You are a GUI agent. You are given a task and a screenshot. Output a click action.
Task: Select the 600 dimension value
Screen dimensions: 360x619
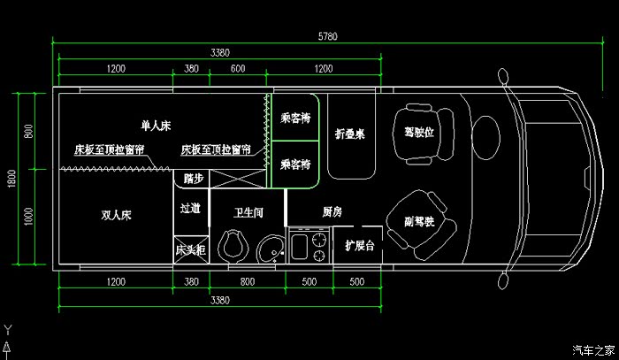[x=238, y=69]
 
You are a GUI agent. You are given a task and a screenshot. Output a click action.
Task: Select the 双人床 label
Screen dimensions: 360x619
[x=115, y=214]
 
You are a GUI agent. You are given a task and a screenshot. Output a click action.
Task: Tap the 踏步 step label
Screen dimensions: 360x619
[x=193, y=178]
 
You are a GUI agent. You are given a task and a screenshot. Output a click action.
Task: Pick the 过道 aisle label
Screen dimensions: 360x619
[x=190, y=211]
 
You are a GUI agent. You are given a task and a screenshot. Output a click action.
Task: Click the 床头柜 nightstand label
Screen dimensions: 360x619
[x=190, y=250]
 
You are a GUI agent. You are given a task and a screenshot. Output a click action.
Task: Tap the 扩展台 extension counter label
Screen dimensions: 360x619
[x=360, y=245]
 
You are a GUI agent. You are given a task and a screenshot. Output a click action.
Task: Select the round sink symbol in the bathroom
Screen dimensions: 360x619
[x=271, y=249]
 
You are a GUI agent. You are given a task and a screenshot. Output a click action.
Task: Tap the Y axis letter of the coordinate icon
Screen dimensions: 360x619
[x=8, y=328]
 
